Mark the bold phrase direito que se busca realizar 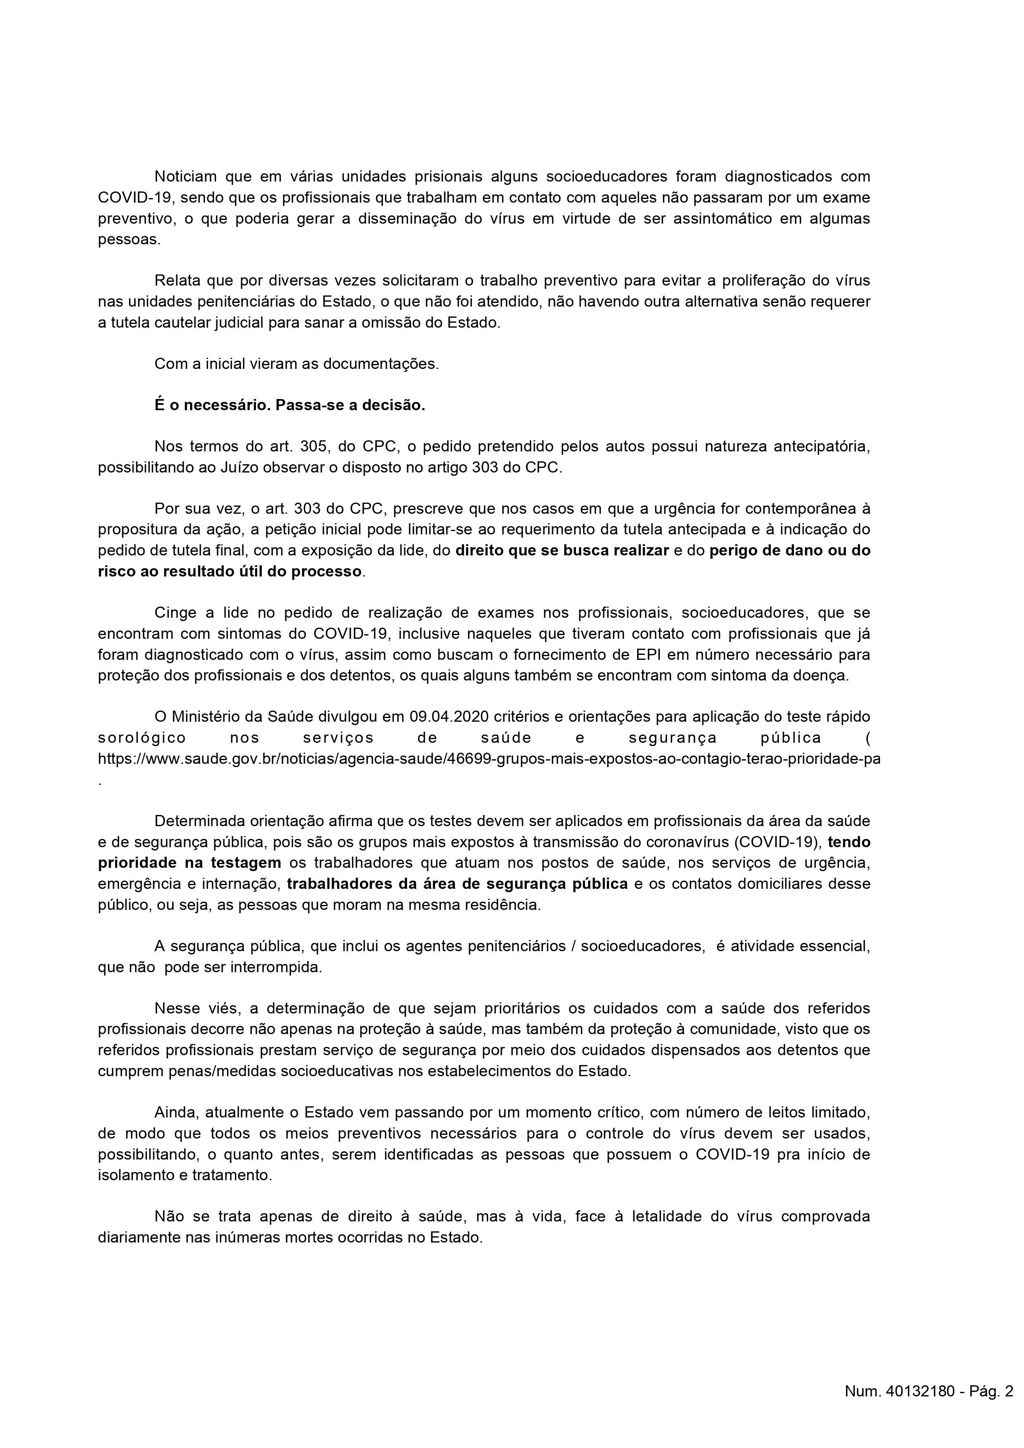coord(562,550)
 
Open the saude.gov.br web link coord(489,759)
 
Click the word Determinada coord(199,821)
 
